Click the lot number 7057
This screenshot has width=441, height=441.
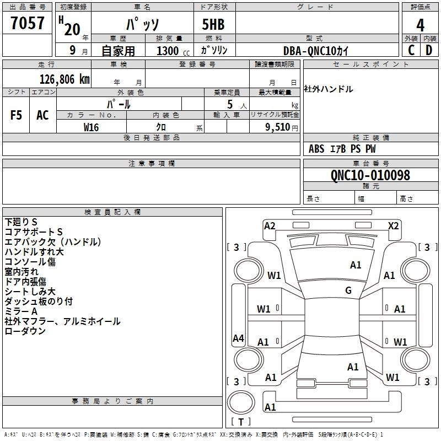click(x=28, y=24)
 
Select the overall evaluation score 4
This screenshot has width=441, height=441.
click(x=421, y=25)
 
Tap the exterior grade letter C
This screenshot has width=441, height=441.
click(x=411, y=50)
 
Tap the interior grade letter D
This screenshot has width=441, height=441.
click(x=429, y=50)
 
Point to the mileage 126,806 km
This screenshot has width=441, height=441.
click(x=64, y=79)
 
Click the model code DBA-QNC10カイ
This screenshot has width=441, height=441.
click(x=317, y=50)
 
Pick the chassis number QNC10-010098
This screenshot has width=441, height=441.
click(x=370, y=175)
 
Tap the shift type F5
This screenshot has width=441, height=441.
click(x=17, y=115)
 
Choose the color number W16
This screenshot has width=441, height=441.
click(x=92, y=127)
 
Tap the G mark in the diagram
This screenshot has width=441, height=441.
click(x=348, y=291)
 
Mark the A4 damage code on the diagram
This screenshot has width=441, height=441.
click(x=238, y=338)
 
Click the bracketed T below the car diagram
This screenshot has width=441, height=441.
click(x=241, y=422)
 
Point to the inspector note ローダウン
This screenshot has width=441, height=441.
click(x=25, y=331)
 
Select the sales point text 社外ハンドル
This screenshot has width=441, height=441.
click(x=329, y=89)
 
